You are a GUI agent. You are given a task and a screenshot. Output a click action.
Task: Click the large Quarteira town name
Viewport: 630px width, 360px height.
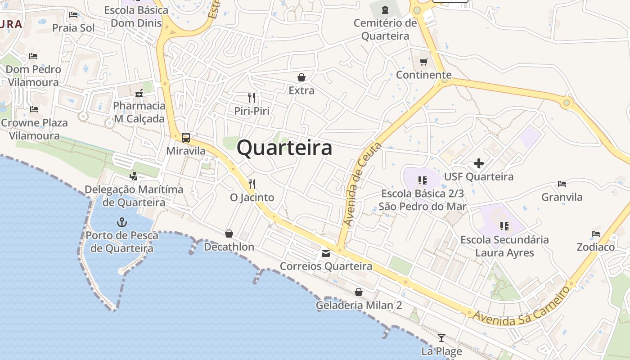pyautogui.click(x=284, y=148)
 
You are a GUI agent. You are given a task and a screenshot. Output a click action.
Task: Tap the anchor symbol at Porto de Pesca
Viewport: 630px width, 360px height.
pyautogui.click(x=121, y=222)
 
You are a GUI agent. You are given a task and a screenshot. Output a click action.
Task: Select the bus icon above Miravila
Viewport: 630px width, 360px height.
pyautogui.click(x=186, y=137)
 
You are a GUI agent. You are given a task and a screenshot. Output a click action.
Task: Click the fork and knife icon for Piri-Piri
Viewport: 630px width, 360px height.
pyautogui.click(x=252, y=97)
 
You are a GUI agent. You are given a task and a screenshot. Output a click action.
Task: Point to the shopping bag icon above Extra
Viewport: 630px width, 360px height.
pyautogui.click(x=301, y=77)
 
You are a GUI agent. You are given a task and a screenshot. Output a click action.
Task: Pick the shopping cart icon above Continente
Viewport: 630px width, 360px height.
pyautogui.click(x=423, y=62)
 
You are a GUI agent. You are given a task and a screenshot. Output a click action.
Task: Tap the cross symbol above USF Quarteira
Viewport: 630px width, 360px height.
pyautogui.click(x=479, y=163)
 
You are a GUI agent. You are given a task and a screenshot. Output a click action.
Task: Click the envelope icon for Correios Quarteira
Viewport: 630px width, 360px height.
pyautogui.click(x=326, y=253)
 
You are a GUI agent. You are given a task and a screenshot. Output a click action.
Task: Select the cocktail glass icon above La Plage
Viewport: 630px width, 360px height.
pyautogui.click(x=441, y=338)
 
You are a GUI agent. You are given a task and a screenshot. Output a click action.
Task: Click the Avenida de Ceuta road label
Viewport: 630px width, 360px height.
pyautogui.click(x=362, y=184)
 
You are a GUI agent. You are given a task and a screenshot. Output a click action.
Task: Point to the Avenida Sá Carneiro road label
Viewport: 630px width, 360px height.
pyautogui.click(x=522, y=308)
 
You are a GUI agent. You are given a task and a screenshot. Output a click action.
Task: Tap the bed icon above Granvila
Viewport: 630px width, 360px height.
pyautogui.click(x=562, y=184)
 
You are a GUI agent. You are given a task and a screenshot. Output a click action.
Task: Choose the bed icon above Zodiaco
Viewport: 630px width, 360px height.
pyautogui.click(x=596, y=234)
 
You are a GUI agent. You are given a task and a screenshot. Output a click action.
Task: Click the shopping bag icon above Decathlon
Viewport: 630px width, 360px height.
pyautogui.click(x=229, y=234)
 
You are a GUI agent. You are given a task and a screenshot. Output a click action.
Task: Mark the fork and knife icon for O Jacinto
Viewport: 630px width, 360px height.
pyautogui.click(x=252, y=184)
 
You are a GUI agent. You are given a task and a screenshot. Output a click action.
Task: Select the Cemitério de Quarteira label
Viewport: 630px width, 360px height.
pyautogui.click(x=385, y=29)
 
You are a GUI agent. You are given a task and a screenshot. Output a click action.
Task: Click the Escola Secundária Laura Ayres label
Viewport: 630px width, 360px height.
pyautogui.click(x=504, y=246)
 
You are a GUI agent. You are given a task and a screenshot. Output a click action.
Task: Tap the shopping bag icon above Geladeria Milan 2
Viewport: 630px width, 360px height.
pyautogui.click(x=359, y=292)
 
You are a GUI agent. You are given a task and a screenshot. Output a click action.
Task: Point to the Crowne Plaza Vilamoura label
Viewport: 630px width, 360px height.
pyautogui.click(x=34, y=129)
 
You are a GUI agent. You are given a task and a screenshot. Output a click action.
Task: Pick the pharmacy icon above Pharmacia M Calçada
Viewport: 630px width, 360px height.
pyautogui.click(x=139, y=93)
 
